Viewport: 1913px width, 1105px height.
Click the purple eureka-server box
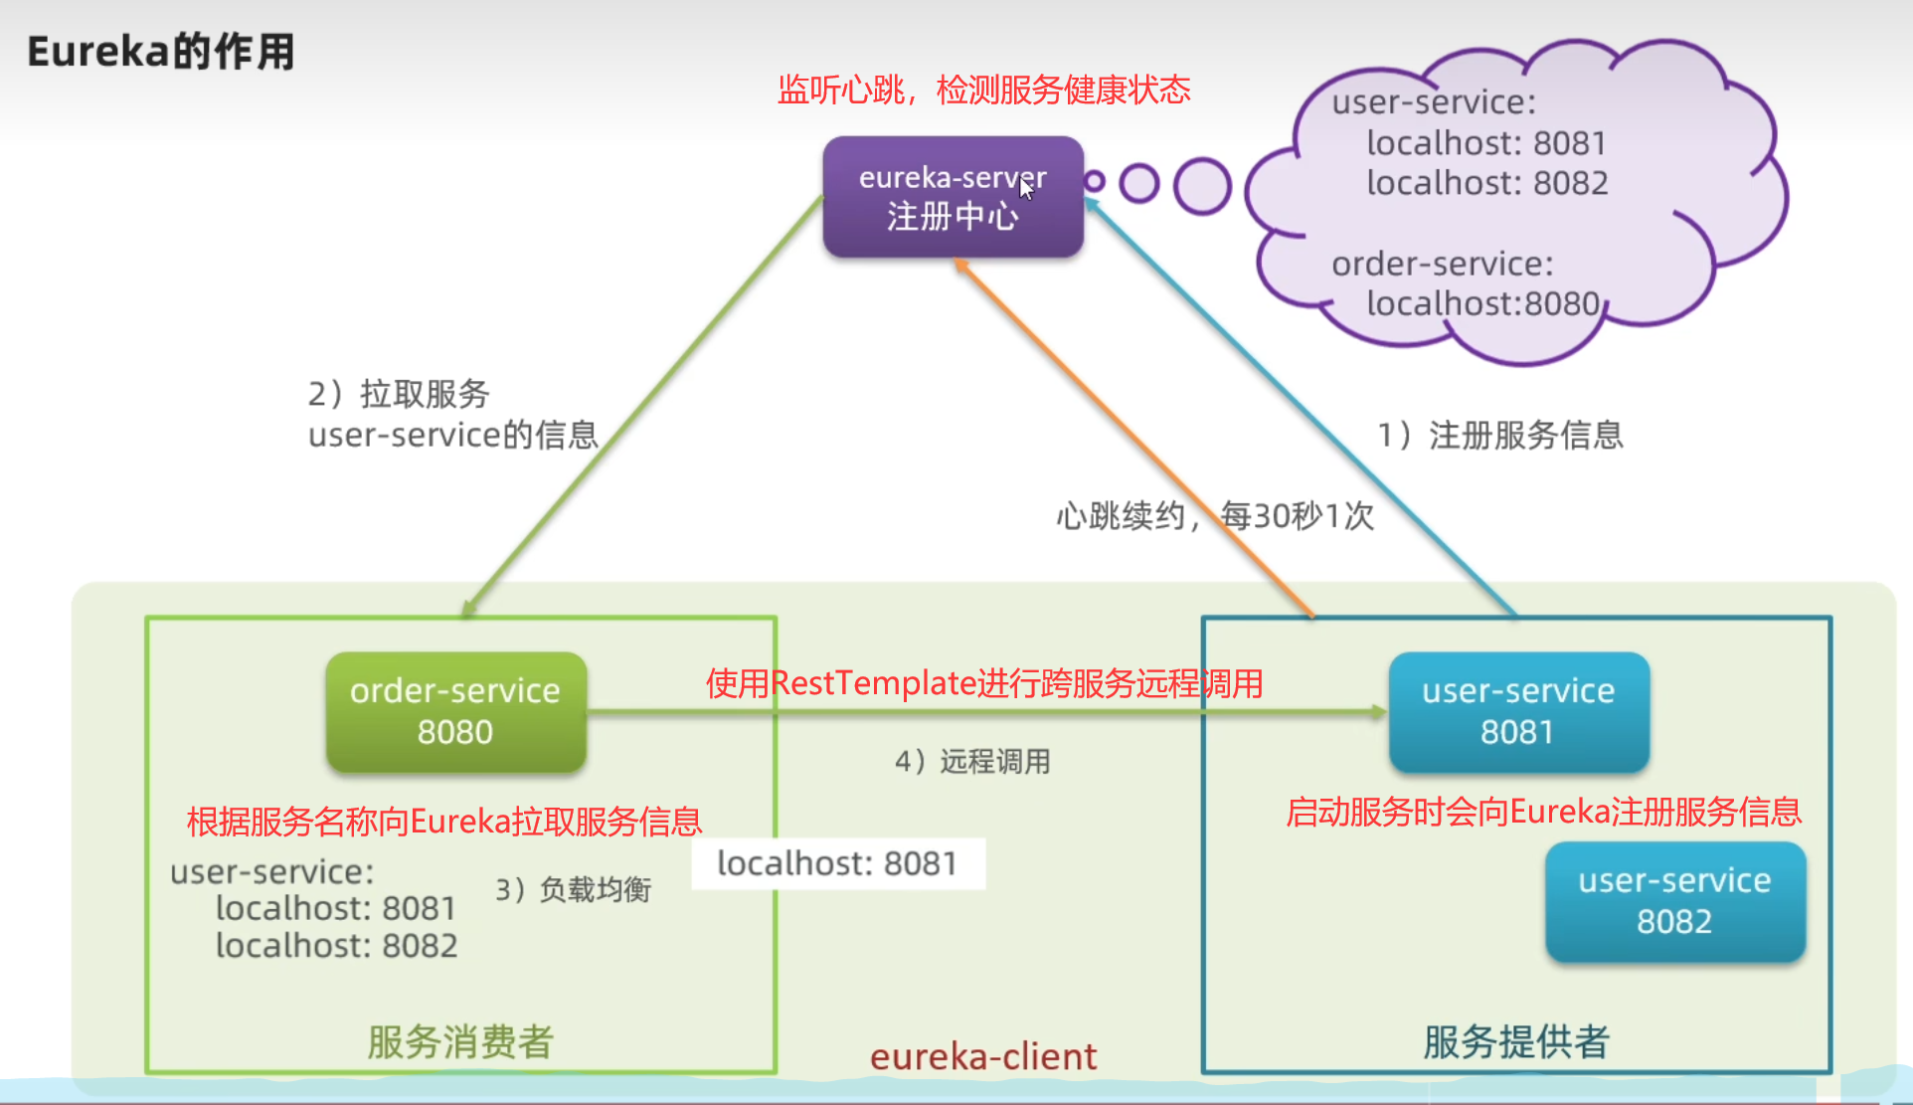pos(953,197)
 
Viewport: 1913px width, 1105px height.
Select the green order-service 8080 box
pos(455,711)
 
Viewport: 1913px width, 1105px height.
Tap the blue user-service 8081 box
pos(1518,711)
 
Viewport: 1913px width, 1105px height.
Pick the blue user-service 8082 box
pos(1674,901)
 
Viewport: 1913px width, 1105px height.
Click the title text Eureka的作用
pos(161,52)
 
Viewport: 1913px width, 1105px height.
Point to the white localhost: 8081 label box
pos(837,863)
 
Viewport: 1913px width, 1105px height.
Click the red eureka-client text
pos(983,1056)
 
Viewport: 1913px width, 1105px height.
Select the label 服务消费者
pos(460,1041)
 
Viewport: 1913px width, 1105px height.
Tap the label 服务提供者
pos(1516,1041)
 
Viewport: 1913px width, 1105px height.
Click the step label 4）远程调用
pos(972,762)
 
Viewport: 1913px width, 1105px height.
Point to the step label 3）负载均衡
pos(574,889)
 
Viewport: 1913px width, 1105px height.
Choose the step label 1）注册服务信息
pos(1500,435)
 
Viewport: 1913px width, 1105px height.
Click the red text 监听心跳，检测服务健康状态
pos(983,91)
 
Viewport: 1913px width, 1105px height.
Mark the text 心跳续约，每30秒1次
pos(1215,515)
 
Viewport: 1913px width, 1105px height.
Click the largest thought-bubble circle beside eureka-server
pos(1202,186)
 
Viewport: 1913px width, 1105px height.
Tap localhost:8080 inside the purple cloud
pos(1482,303)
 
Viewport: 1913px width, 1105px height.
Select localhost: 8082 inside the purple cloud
pos(1486,183)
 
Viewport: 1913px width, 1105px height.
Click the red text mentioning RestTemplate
pos(983,683)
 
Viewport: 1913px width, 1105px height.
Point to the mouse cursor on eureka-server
pos(1026,186)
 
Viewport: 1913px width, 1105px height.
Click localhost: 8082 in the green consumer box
pos(336,945)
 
